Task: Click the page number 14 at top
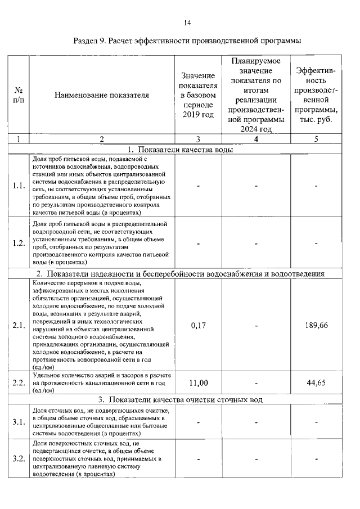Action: [x=187, y=22]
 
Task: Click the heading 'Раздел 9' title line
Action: [x=187, y=41]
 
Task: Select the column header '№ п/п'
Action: [x=19, y=95]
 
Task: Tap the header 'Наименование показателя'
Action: [x=102, y=95]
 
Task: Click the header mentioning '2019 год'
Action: [x=199, y=95]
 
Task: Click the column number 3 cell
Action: [x=199, y=139]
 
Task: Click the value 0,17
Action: [x=199, y=325]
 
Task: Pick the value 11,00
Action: [x=199, y=383]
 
